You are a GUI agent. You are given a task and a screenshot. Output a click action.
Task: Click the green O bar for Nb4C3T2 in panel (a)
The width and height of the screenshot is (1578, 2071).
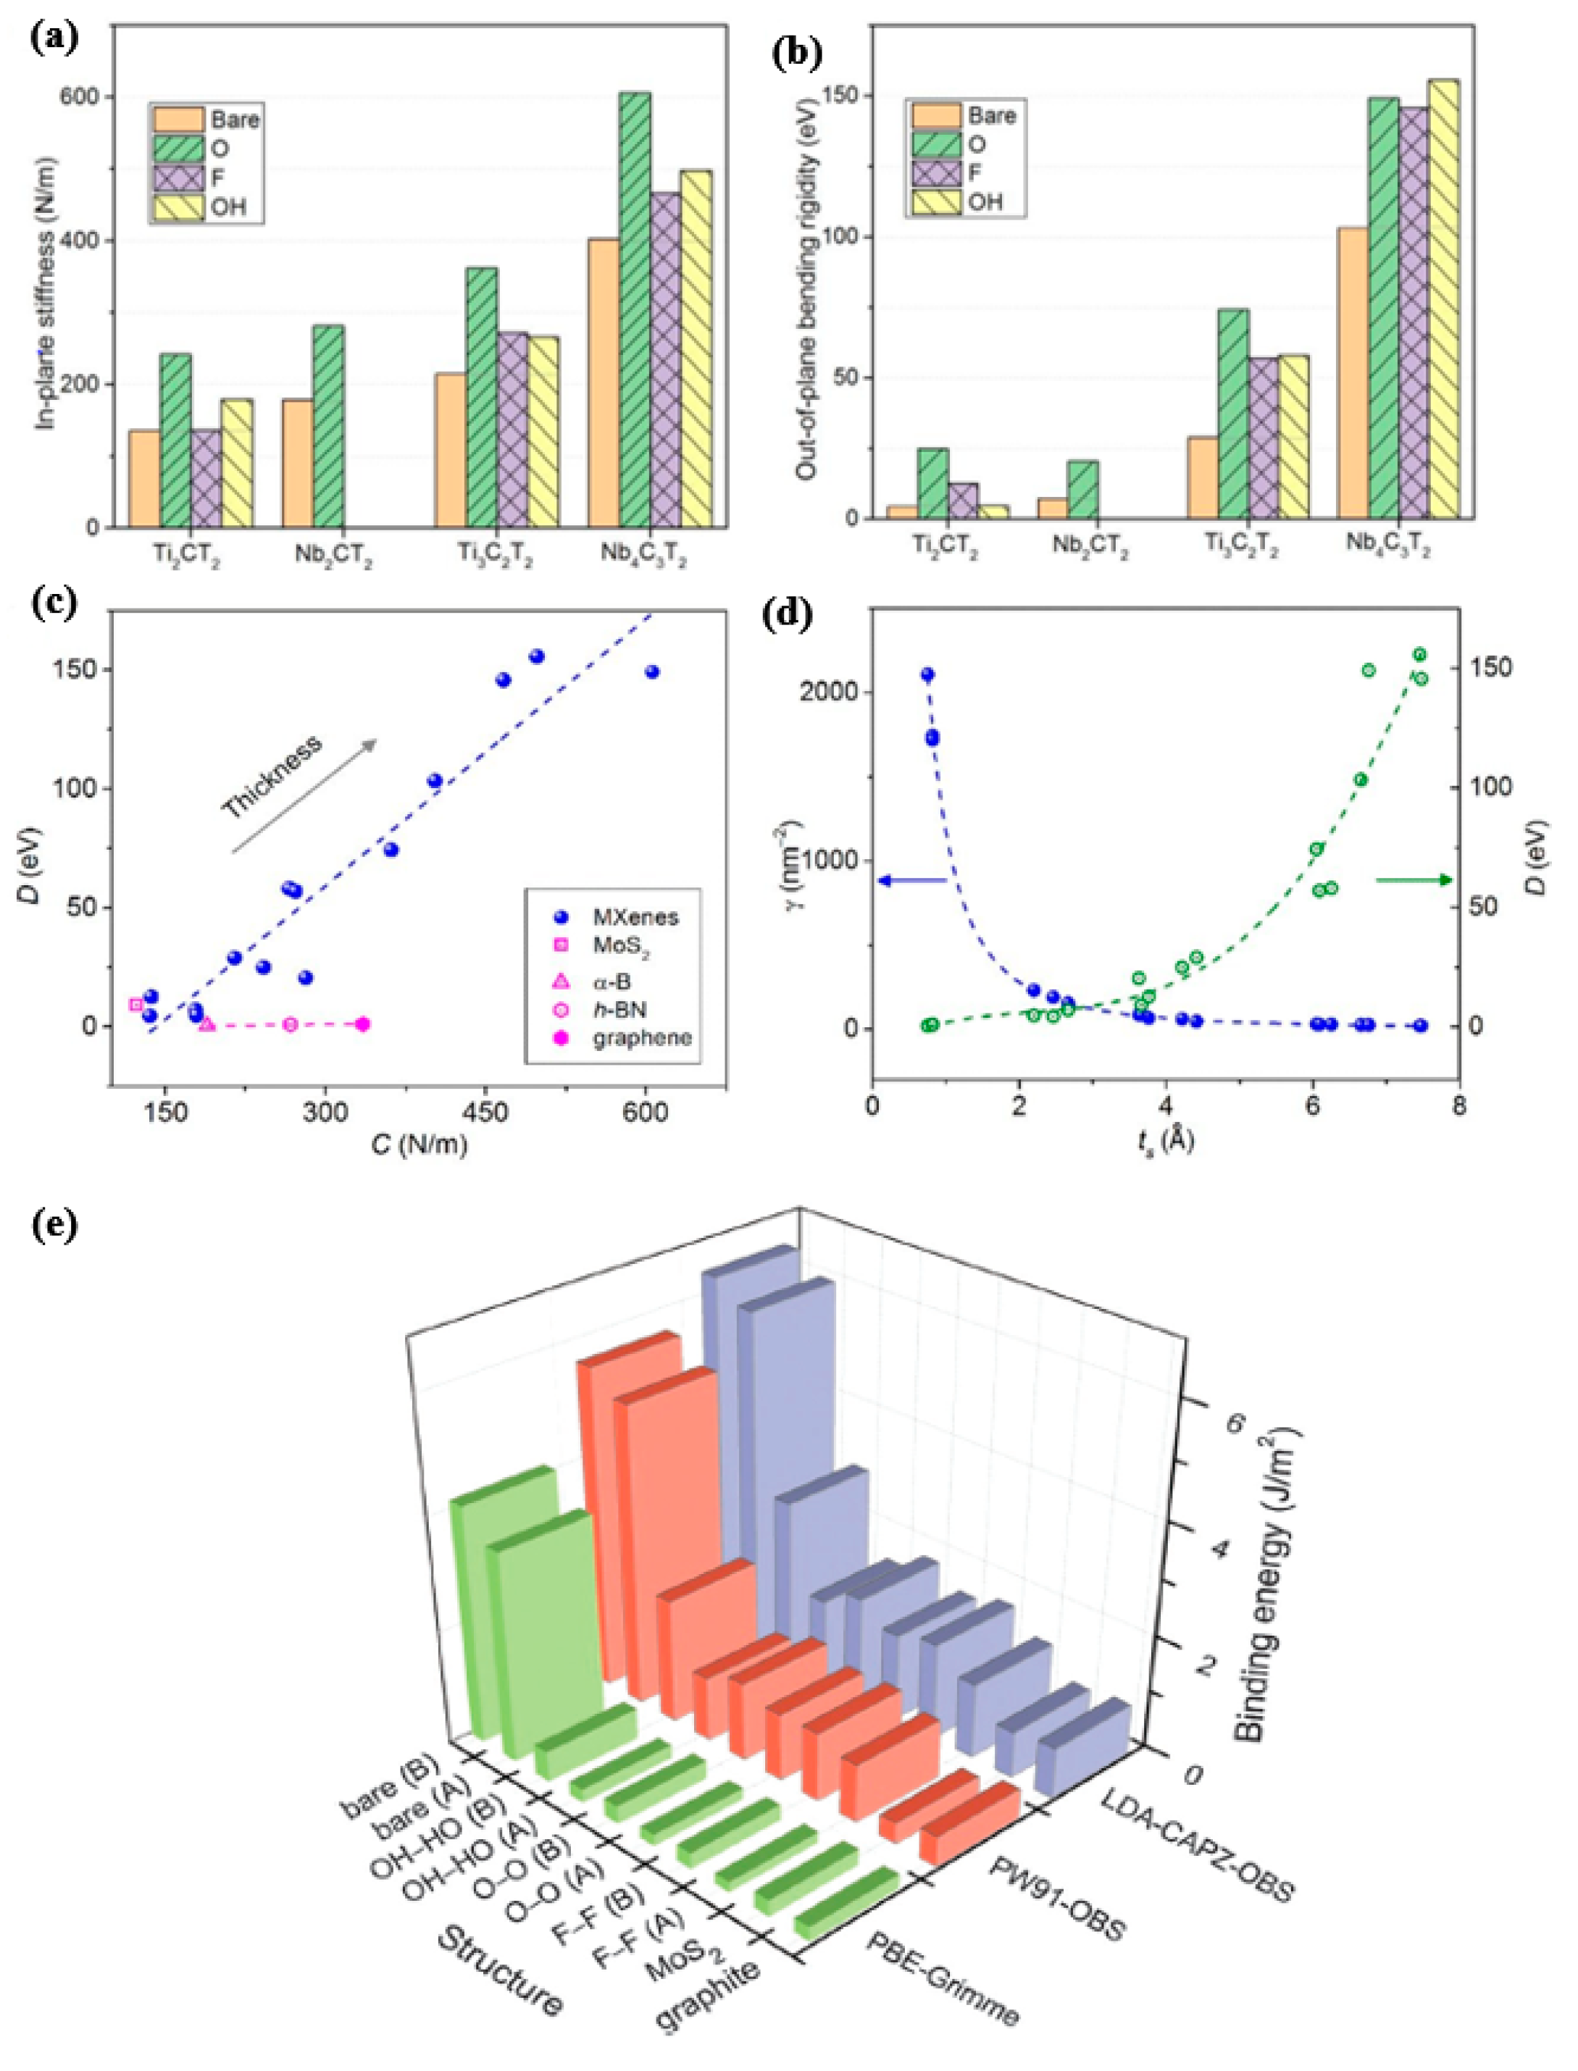click(635, 310)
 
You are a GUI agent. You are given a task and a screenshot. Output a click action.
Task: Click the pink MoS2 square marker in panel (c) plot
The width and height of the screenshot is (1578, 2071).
click(136, 1005)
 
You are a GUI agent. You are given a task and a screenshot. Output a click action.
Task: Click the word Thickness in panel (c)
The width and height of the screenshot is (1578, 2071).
click(272, 776)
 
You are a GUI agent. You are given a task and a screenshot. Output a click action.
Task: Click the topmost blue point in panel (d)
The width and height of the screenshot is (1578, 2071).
click(927, 674)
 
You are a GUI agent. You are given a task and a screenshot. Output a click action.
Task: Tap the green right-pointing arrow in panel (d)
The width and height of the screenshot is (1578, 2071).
click(1414, 880)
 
